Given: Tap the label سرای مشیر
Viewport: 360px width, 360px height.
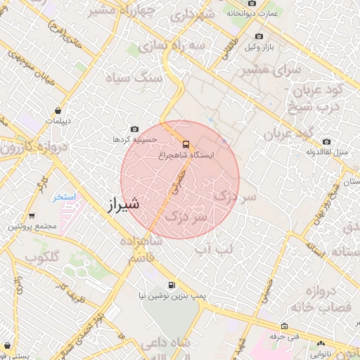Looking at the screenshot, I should click(x=271, y=71).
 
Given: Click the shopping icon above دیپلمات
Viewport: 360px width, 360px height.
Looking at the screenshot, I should click(x=56, y=110).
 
